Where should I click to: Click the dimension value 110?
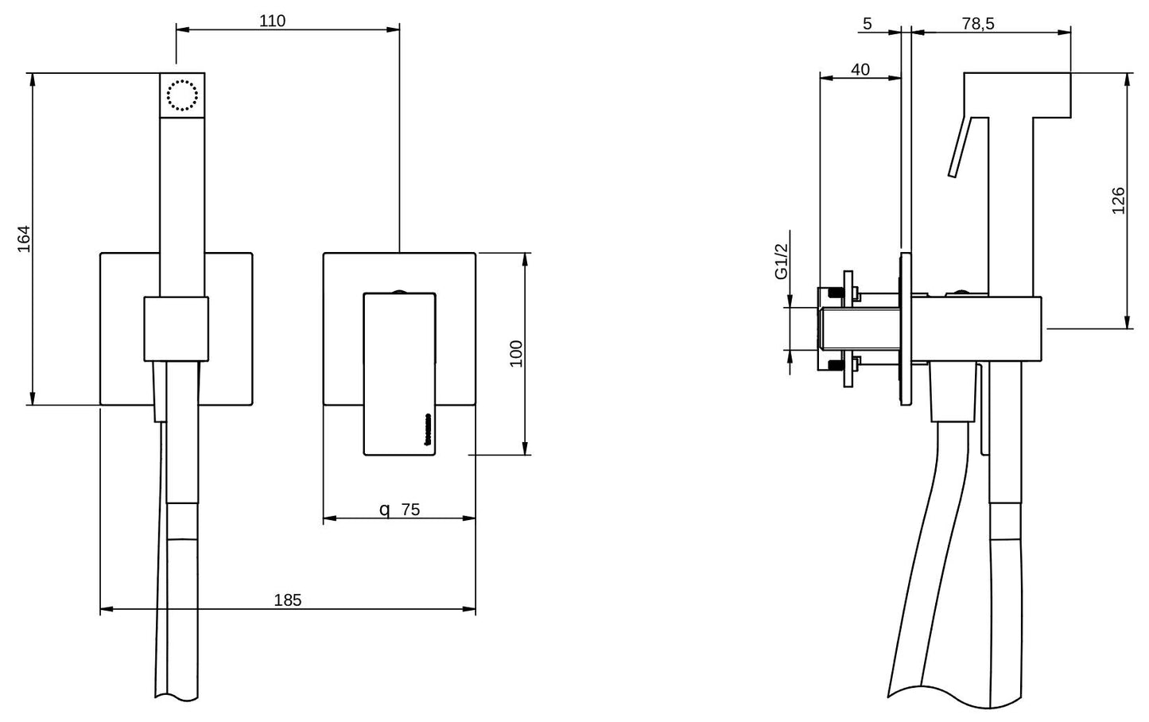(272, 21)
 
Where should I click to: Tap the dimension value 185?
(288, 600)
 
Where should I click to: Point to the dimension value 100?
(516, 353)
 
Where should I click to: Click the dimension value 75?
(410, 510)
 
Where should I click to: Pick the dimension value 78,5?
(977, 23)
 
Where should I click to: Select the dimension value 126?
(1118, 200)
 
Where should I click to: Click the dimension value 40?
(860, 69)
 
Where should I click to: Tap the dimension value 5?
(867, 23)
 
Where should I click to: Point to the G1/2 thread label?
(781, 262)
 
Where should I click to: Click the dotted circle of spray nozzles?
(182, 95)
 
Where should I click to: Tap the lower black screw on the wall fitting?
(835, 366)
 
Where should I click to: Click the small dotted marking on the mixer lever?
(429, 429)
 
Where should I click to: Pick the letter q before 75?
(384, 510)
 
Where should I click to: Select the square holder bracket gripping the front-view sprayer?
(176, 328)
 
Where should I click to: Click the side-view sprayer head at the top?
(1016, 94)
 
